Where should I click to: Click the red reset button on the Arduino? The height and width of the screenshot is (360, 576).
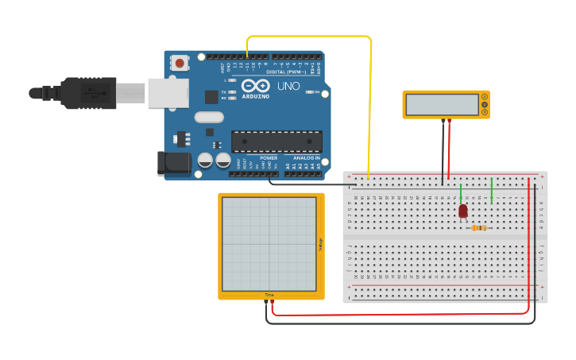pos(180,63)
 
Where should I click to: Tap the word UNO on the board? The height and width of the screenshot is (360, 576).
pos(288,86)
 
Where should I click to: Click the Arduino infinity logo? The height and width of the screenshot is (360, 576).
pos(256,85)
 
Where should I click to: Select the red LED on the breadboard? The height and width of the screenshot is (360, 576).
pos(463,210)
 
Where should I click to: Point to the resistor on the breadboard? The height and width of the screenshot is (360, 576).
pos(479,228)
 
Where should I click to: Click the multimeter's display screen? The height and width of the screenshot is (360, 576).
pos(440,104)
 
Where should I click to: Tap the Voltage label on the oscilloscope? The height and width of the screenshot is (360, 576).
pos(320,246)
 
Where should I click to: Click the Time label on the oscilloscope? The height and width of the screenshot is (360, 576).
pos(270,296)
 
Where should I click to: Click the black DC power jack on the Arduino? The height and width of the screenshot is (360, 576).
pos(173,163)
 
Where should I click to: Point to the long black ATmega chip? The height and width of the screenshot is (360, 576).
pos(276,141)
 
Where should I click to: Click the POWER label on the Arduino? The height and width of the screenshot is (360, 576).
pos(268,158)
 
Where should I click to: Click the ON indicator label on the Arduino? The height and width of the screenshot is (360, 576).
pos(316,92)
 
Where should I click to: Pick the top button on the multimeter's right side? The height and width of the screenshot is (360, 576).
pos(484,98)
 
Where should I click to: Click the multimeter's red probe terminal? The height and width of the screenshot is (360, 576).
pos(450,120)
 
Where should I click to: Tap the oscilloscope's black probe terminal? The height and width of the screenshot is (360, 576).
pos(266,300)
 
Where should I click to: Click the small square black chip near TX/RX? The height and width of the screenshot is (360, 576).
pos(211,97)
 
